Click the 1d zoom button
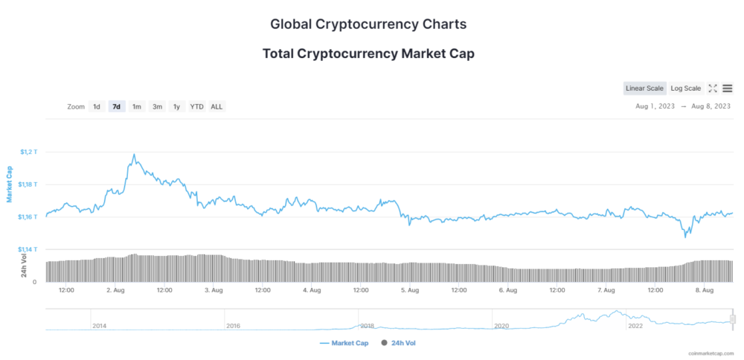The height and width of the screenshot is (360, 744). [x=97, y=106]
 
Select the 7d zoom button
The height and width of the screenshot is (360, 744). [x=117, y=106]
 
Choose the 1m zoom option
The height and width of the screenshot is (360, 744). [x=137, y=106]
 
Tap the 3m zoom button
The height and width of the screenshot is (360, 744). [x=157, y=106]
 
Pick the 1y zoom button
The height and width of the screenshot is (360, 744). [x=176, y=106]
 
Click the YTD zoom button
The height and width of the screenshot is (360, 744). [x=196, y=106]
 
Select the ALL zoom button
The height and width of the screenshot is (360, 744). [x=217, y=106]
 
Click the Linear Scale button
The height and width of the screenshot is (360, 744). [x=644, y=89]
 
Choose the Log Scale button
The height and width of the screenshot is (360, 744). [x=685, y=89]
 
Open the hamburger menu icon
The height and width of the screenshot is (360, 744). [x=727, y=89]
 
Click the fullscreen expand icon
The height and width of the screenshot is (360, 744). [x=712, y=89]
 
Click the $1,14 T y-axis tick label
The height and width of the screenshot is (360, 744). [x=28, y=249]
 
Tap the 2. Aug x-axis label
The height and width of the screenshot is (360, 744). [x=115, y=290]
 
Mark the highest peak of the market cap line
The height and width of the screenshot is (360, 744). [x=134, y=155]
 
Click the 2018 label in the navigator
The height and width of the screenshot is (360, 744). [x=367, y=326]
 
